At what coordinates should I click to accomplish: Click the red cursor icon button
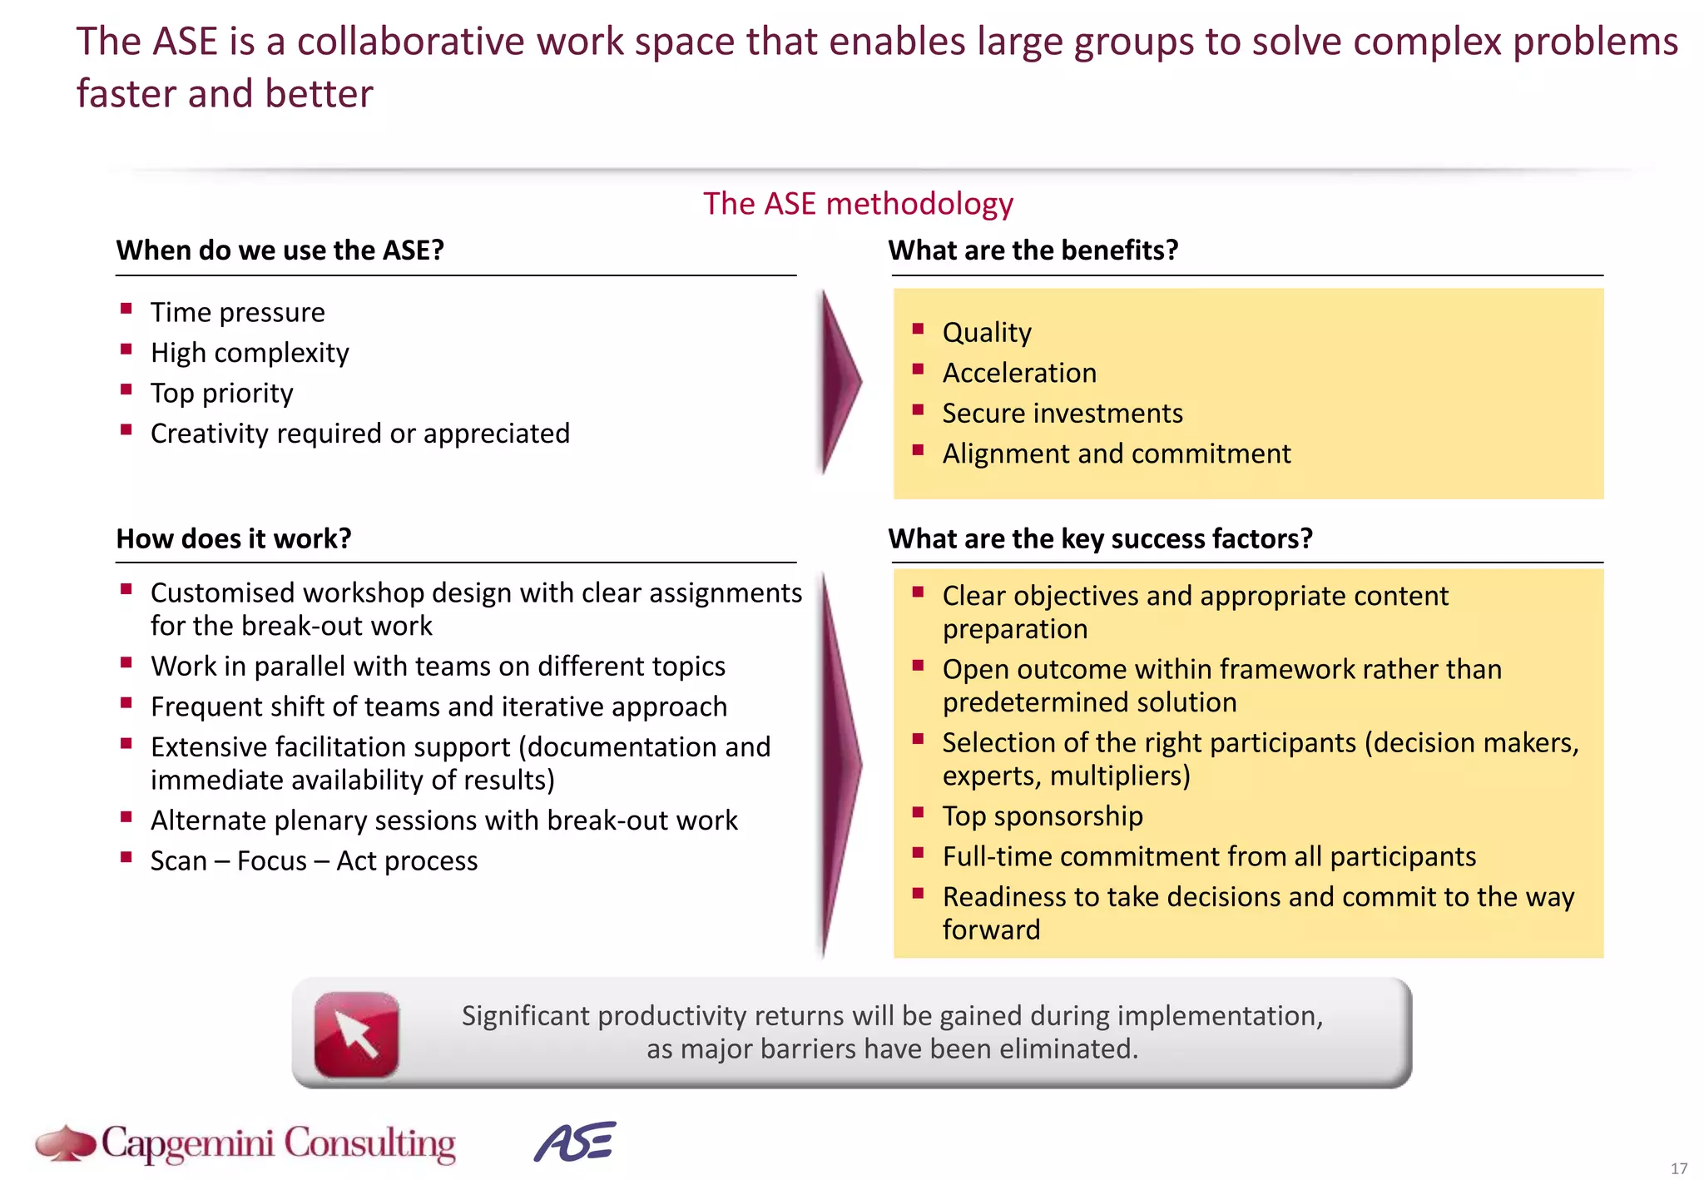(356, 1034)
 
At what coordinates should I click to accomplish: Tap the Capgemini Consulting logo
(246, 1143)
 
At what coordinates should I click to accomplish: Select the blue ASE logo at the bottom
(575, 1142)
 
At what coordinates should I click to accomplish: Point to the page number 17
(1679, 1168)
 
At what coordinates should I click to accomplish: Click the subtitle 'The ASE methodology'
(858, 204)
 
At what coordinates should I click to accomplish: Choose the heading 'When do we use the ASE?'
(280, 250)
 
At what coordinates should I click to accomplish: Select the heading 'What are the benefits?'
(1033, 250)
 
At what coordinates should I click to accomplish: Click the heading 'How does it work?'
(234, 539)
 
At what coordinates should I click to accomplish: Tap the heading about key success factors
(1100, 539)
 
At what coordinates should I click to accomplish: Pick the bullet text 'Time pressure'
(237, 313)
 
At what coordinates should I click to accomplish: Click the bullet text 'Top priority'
(221, 394)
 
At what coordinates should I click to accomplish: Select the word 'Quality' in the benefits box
(987, 333)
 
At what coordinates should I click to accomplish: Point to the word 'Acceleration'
(1019, 374)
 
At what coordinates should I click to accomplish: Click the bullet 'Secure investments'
(1062, 414)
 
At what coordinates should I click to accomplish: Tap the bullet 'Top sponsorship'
(1043, 816)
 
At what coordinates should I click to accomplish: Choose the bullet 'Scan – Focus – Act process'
(314, 861)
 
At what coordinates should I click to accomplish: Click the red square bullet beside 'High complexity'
(126, 350)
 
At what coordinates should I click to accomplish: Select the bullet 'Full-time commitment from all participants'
(1209, 857)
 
